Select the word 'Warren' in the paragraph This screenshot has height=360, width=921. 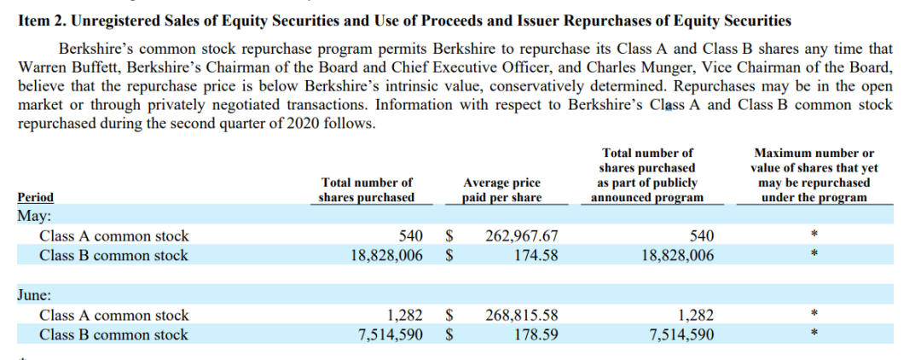[x=40, y=68]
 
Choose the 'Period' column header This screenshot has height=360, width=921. [x=35, y=198]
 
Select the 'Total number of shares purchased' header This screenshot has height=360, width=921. [x=367, y=190]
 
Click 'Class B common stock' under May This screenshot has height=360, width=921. [x=114, y=255]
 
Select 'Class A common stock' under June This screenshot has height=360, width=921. [x=114, y=316]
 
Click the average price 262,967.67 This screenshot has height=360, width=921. [x=522, y=236]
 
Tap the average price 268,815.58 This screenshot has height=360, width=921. [x=522, y=316]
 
